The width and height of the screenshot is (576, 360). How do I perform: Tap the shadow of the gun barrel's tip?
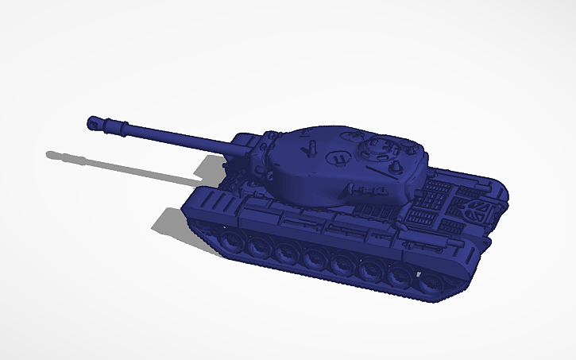[55, 153]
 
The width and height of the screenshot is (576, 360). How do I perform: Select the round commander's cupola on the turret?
[373, 149]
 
